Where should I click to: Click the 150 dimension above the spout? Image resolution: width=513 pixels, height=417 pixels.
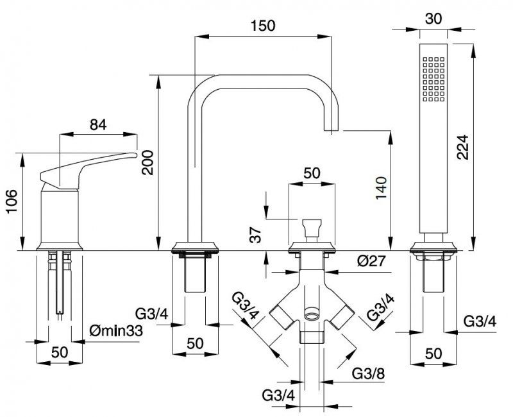click(x=263, y=26)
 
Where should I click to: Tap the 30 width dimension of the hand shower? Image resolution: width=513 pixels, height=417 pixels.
click(x=433, y=19)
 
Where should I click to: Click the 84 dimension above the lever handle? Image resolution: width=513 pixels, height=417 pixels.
click(x=97, y=125)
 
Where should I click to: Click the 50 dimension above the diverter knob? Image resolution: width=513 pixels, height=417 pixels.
click(x=312, y=173)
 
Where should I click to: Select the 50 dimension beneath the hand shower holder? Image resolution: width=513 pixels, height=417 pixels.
click(x=433, y=353)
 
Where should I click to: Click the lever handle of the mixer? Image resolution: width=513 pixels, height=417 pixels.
click(x=90, y=164)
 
